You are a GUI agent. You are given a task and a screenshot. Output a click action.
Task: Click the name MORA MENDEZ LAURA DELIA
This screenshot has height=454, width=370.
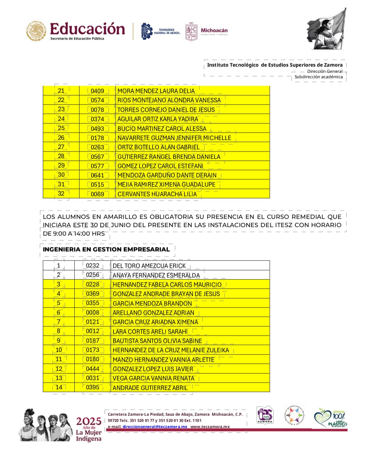[156, 91]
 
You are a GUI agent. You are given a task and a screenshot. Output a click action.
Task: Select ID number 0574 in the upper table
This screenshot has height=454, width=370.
[97, 100]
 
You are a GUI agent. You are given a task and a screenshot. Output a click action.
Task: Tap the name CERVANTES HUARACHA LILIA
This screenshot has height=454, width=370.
[157, 194]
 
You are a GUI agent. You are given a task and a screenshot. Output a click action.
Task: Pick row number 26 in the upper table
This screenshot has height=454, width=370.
[61, 138]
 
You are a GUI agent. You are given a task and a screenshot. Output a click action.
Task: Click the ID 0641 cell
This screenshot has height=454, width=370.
[97, 175]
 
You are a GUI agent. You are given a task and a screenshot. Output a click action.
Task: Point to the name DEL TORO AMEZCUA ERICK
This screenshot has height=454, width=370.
[149, 266]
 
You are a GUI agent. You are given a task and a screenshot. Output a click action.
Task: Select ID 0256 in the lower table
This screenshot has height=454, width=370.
[92, 275]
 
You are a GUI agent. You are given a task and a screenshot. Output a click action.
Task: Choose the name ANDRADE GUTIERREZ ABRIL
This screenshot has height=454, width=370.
[150, 388]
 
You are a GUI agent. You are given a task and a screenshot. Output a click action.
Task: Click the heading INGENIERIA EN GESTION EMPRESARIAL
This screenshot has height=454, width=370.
[106, 249]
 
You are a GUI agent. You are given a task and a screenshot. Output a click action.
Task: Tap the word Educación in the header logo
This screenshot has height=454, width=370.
[87, 29]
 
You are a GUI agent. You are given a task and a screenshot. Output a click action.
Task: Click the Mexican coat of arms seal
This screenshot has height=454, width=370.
[36, 31]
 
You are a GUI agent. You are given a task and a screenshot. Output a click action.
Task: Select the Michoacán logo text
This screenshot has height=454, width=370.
[214, 31]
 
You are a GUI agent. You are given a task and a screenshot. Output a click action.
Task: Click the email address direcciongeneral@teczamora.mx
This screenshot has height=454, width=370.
[155, 427]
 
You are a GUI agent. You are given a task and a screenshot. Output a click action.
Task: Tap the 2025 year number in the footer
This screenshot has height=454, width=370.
[88, 421]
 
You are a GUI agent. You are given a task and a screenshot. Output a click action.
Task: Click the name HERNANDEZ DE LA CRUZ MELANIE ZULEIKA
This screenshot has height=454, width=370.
[171, 350]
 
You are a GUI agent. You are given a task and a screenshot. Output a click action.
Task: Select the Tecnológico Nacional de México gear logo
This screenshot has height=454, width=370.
[147, 32]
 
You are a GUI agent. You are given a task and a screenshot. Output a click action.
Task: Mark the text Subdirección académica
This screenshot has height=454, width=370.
[318, 77]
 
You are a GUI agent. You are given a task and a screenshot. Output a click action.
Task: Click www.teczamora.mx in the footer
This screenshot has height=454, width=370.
[210, 427]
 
